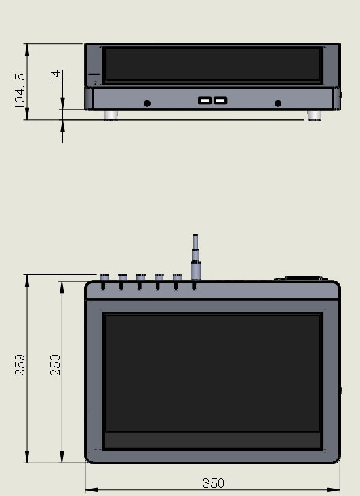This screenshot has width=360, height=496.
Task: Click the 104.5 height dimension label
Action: [20, 91]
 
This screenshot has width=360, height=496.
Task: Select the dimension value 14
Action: [56, 77]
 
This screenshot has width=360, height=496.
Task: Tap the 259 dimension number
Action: [20, 365]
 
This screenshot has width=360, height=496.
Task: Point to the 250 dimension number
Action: [55, 365]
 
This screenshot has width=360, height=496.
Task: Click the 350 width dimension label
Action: [214, 483]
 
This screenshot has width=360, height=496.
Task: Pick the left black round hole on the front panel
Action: [147, 104]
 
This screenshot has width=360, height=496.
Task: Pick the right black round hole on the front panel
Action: [278, 104]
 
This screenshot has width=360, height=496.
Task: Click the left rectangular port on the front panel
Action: [205, 100]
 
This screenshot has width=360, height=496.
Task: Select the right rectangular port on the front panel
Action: [220, 100]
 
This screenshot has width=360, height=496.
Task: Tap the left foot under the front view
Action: [111, 115]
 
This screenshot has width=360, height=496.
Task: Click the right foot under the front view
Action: [315, 115]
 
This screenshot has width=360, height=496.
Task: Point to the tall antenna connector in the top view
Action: [195, 257]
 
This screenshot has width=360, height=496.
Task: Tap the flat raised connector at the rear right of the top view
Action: [301, 278]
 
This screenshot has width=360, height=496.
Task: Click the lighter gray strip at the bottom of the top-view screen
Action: [212, 440]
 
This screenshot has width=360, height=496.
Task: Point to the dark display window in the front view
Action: [212, 64]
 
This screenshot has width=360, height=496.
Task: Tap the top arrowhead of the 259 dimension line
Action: [27, 281]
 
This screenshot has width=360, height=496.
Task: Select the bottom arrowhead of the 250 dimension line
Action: [62, 457]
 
